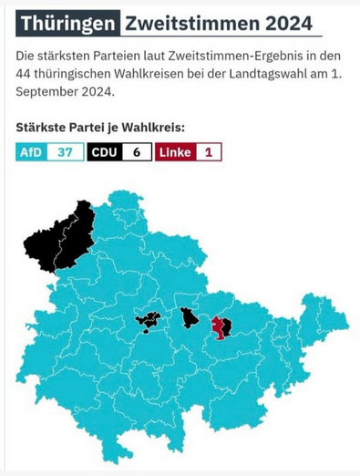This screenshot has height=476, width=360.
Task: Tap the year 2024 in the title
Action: [x=283, y=23]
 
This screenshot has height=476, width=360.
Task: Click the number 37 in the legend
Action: [x=65, y=152]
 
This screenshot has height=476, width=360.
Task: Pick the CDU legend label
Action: [x=103, y=152]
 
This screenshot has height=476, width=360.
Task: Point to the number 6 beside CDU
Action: [x=136, y=152]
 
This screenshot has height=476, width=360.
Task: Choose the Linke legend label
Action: [x=175, y=152]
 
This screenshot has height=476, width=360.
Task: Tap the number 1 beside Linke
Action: [x=208, y=152]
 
